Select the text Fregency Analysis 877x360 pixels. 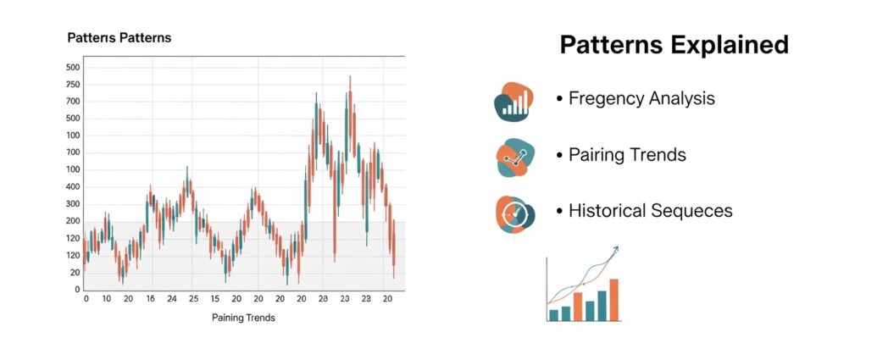pyautogui.click(x=641, y=99)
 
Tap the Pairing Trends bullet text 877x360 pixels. pyautogui.click(x=627, y=154)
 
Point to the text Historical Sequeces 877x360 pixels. pyautogui.click(x=651, y=211)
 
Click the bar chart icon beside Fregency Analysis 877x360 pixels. pyautogui.click(x=514, y=101)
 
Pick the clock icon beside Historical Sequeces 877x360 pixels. pyautogui.click(x=515, y=214)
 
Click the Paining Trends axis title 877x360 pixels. pyautogui.click(x=243, y=318)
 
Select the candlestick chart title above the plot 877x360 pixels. pyautogui.click(x=119, y=38)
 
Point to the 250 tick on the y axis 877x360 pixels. pyautogui.click(x=73, y=85)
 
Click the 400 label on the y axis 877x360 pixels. pyautogui.click(x=73, y=187)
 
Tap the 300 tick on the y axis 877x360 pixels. pyautogui.click(x=73, y=205)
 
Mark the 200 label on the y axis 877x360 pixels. pyautogui.click(x=73, y=221)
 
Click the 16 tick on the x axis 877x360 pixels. pyautogui.click(x=150, y=299)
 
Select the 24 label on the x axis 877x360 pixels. pyautogui.click(x=172, y=299)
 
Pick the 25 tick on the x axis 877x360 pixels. pyautogui.click(x=193, y=299)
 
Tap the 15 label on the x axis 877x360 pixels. pyautogui.click(x=214, y=299)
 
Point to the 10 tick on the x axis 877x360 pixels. pyautogui.click(x=107, y=299)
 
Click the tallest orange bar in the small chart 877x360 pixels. pyautogui.click(x=614, y=300)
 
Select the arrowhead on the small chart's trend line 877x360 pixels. pyautogui.click(x=616, y=249)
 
